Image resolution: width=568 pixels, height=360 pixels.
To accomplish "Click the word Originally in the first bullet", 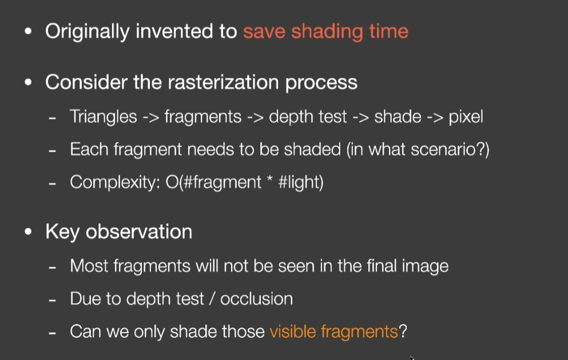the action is point(87,31).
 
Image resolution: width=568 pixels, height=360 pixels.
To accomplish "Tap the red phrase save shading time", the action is point(325,31).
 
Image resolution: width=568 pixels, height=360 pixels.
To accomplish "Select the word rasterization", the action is point(223,82).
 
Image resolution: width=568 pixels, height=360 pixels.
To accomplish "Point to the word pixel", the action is point(466,117).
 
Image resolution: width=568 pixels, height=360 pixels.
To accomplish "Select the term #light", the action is point(298,182).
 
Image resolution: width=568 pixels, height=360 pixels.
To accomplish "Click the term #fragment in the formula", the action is point(222,182).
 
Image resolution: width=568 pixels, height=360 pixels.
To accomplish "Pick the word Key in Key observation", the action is point(62,232).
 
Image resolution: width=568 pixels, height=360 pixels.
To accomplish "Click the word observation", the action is point(139,231).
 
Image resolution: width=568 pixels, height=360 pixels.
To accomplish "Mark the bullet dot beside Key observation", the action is point(28,232).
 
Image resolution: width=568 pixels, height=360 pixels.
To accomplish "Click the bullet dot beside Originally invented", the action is point(28,31).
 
